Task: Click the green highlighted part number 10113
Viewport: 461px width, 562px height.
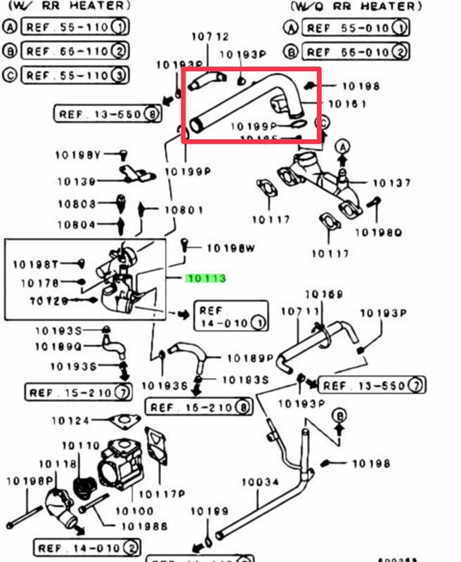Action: coord(206,278)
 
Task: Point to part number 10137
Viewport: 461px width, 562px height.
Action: coord(391,183)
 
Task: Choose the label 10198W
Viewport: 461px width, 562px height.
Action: coord(229,248)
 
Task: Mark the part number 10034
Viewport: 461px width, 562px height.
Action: coord(260,483)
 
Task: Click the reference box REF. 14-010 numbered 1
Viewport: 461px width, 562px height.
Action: coord(231,317)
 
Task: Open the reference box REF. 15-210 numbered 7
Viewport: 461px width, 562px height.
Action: coord(78,391)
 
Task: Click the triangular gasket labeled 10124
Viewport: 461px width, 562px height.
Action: coord(122,421)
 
